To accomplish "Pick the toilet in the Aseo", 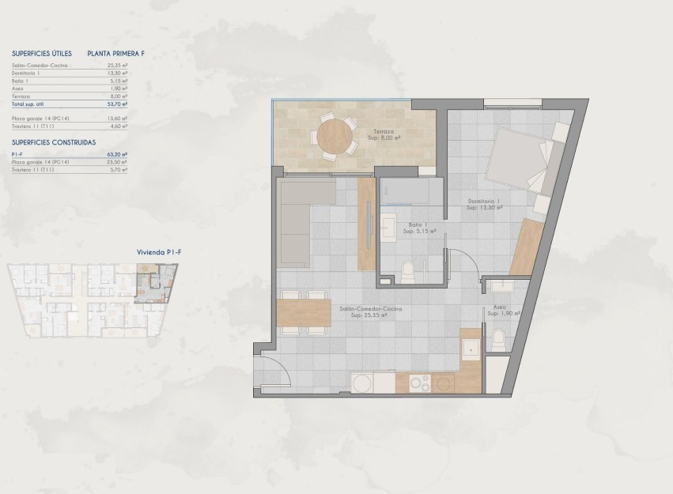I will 499,341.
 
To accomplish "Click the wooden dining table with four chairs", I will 304,313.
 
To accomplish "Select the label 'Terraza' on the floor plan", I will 384,130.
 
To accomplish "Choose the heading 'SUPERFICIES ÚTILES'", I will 42,53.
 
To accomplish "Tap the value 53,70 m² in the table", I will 118,104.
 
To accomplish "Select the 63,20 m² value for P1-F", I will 118,155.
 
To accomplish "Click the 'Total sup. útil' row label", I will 30,104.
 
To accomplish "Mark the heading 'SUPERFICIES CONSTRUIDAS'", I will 55,142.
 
